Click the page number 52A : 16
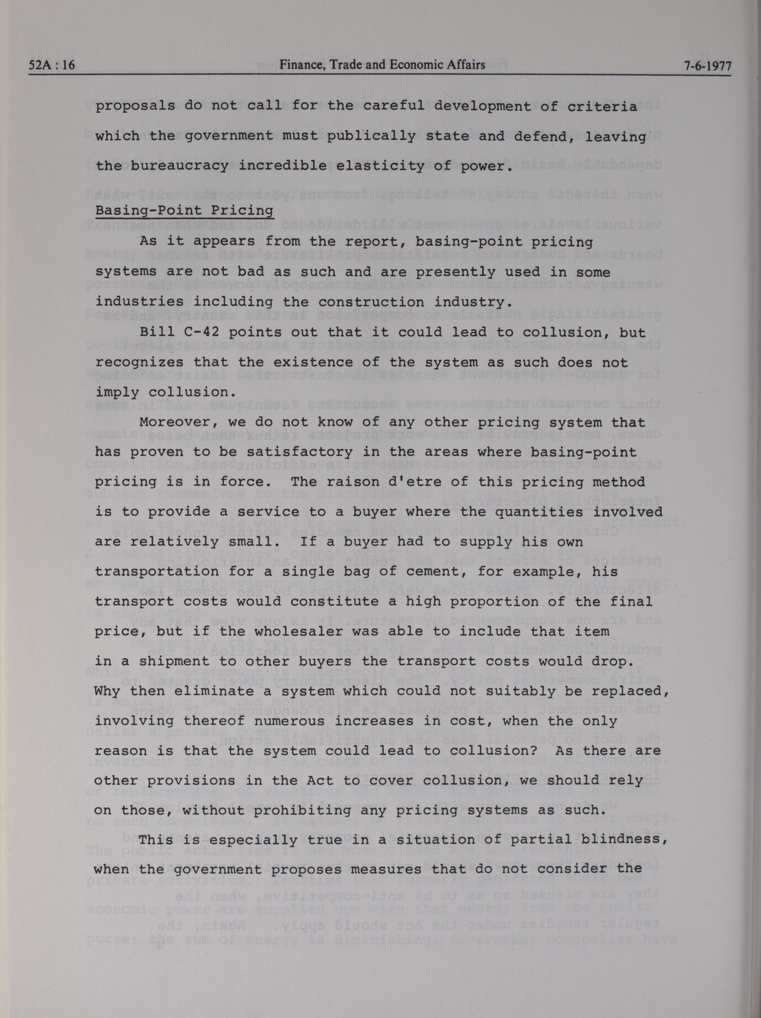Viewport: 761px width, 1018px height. (52, 65)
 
